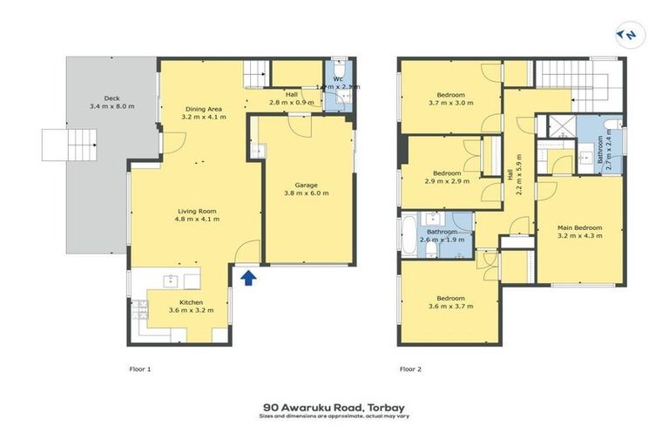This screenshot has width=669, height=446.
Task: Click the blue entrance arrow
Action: tap(247, 278)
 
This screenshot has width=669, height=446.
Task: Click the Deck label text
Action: tap(111, 98)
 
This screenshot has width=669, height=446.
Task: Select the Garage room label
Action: tap(304, 184)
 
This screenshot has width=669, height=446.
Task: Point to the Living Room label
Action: tap(198, 211)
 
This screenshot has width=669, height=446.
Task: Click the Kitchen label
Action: tap(191, 302)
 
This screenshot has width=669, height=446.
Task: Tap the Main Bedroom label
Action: tap(580, 227)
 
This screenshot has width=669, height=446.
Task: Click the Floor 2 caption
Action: tap(410, 369)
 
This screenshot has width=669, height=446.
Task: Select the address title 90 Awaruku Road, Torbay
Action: tap(334, 406)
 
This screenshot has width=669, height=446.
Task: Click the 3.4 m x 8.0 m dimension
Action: tap(111, 106)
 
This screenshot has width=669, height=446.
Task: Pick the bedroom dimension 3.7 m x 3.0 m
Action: tap(450, 102)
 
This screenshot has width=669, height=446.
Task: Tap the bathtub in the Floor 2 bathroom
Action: tap(408, 233)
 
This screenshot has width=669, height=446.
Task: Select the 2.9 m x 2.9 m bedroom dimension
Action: tap(447, 181)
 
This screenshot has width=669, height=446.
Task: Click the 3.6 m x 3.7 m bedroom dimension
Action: tap(450, 306)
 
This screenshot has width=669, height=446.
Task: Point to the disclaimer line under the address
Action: tap(334, 416)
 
